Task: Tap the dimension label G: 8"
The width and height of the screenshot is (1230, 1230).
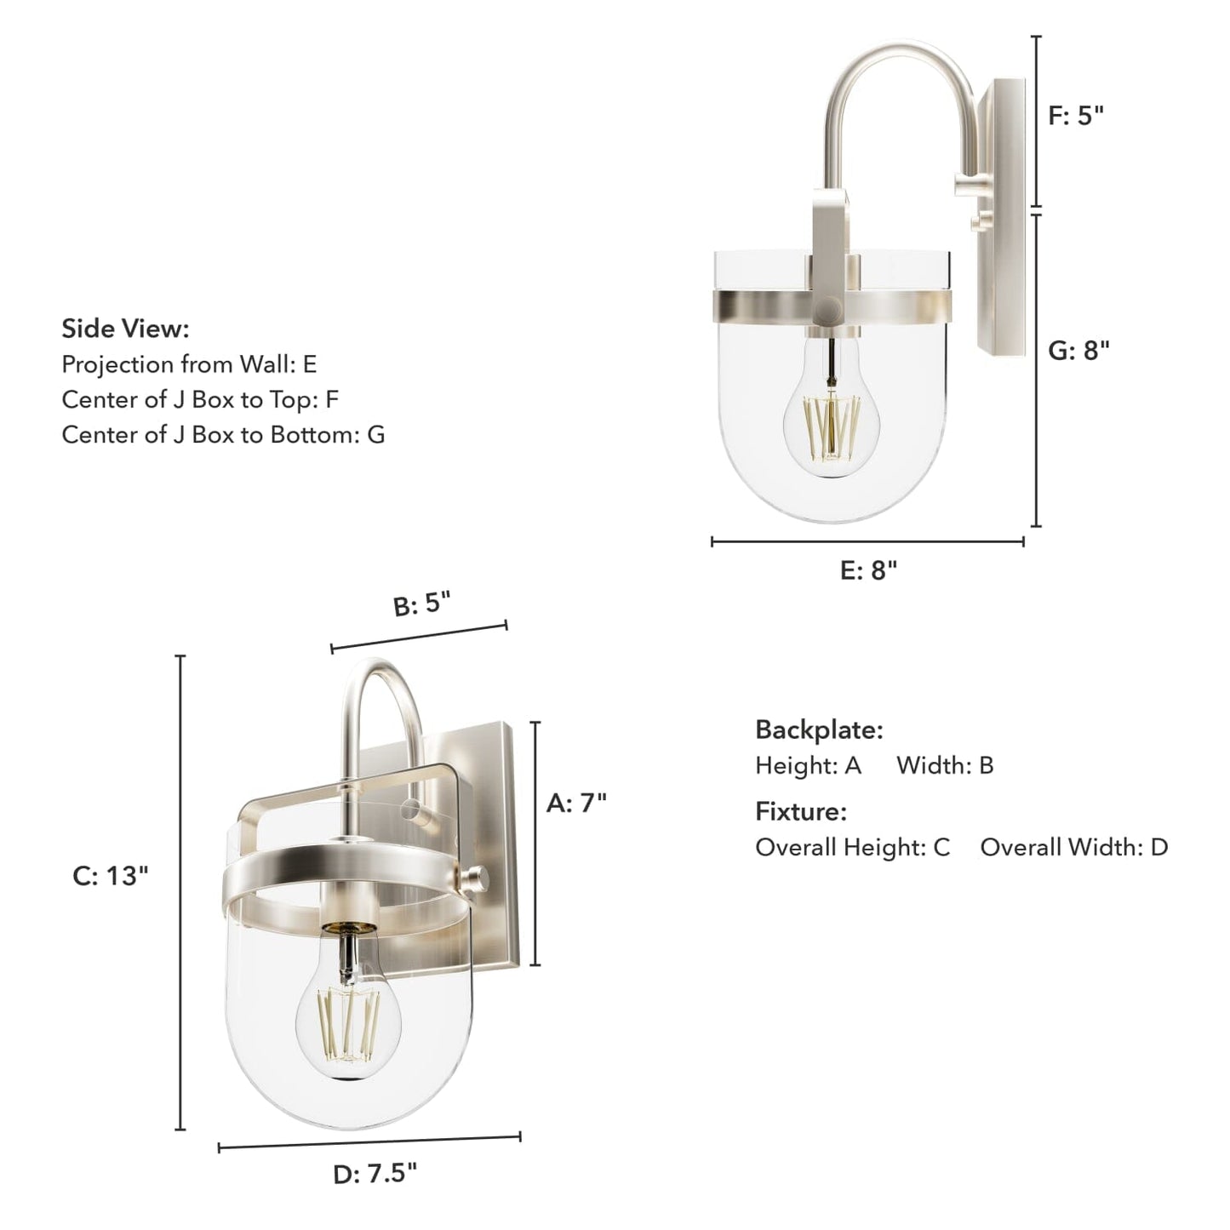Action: tap(1078, 350)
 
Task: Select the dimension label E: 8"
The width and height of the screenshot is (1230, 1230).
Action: tap(868, 570)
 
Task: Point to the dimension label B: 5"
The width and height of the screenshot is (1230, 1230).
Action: tap(420, 605)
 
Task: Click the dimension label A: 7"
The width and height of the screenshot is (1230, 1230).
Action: tap(576, 803)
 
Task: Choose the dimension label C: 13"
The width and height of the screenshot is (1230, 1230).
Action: tap(111, 876)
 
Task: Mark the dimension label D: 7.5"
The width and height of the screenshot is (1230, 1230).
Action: tap(375, 1175)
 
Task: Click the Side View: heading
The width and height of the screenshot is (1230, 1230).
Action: tap(125, 329)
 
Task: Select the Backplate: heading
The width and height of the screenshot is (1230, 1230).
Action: tap(819, 729)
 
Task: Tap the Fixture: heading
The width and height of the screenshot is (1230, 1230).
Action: tap(801, 811)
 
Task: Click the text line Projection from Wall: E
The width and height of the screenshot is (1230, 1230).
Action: tap(189, 364)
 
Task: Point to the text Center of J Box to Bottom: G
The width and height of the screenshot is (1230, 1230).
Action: tap(223, 434)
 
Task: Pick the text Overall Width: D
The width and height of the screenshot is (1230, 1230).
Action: tap(1073, 847)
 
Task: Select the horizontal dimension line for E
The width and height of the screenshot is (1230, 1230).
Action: tap(867, 541)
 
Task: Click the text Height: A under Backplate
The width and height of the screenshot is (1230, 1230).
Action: tap(808, 765)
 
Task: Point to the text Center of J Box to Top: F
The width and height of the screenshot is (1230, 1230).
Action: tap(200, 399)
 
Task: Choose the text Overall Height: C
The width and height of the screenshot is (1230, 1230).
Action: tap(852, 847)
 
